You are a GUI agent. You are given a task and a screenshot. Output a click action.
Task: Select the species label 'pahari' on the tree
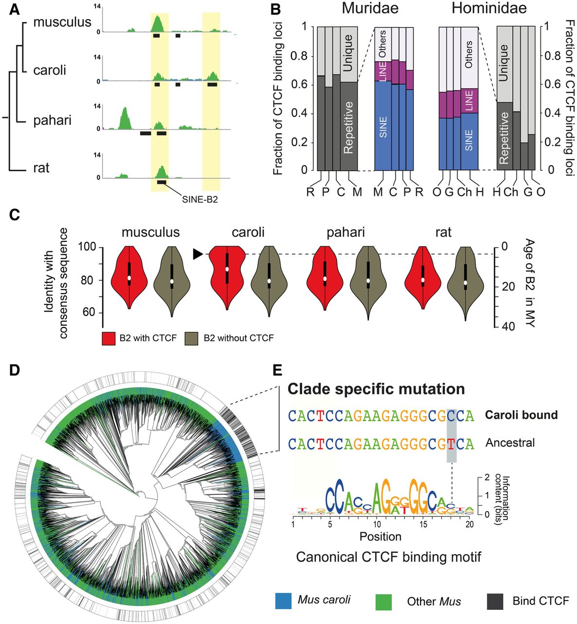(52, 120)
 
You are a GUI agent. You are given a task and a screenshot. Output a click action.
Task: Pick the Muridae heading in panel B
(370, 8)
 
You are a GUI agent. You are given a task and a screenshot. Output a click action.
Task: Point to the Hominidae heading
(489, 8)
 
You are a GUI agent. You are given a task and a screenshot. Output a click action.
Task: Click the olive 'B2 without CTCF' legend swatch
(192, 338)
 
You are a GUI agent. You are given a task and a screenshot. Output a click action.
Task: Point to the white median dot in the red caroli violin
(227, 269)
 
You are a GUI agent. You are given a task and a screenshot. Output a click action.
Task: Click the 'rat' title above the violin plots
(443, 232)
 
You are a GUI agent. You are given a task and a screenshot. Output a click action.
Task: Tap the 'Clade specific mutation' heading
(376, 389)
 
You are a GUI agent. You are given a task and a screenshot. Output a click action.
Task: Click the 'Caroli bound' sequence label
(521, 415)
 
